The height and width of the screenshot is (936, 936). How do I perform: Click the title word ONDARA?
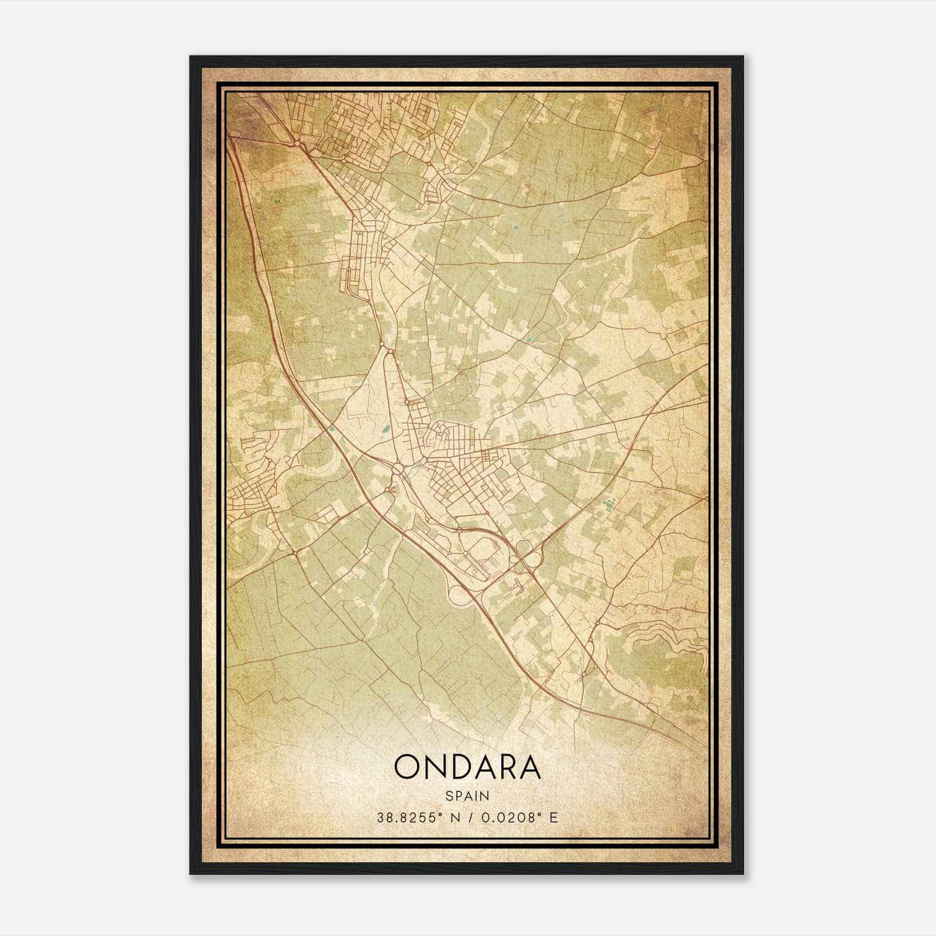click(467, 767)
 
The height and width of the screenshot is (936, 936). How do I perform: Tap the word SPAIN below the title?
click(467, 796)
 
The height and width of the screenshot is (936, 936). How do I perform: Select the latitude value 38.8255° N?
click(415, 817)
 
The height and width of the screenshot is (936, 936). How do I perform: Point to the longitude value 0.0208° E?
click(518, 817)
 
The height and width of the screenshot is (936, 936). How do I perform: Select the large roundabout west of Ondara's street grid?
click(398, 469)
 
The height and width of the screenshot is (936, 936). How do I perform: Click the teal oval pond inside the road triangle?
click(385, 431)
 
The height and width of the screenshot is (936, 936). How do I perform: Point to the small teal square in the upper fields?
click(515, 226)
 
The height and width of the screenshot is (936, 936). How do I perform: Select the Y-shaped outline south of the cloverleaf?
click(517, 583)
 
